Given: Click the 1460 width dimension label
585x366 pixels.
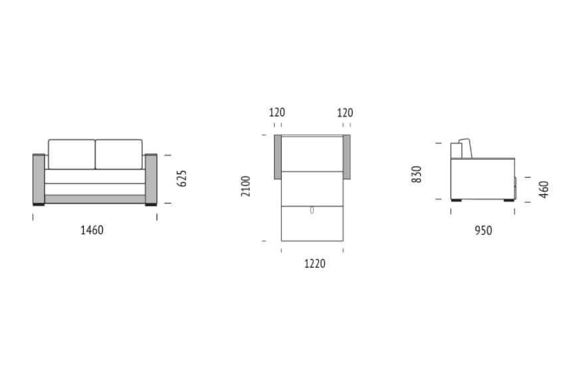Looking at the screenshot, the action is (92, 230).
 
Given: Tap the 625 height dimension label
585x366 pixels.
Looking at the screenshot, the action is (181, 178).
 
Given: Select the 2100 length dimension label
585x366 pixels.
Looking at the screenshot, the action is (245, 186).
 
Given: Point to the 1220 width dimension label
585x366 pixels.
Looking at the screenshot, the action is (314, 264).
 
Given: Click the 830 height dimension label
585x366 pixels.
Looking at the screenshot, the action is (416, 174).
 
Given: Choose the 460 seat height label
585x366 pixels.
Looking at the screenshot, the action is (544, 190).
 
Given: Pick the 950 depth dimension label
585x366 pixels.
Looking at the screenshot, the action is (483, 230).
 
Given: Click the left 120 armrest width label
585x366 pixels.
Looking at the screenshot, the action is (277, 112).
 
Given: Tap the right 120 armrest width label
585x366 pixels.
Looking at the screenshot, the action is (345, 112).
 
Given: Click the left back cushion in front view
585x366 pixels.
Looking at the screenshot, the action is (72, 154).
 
